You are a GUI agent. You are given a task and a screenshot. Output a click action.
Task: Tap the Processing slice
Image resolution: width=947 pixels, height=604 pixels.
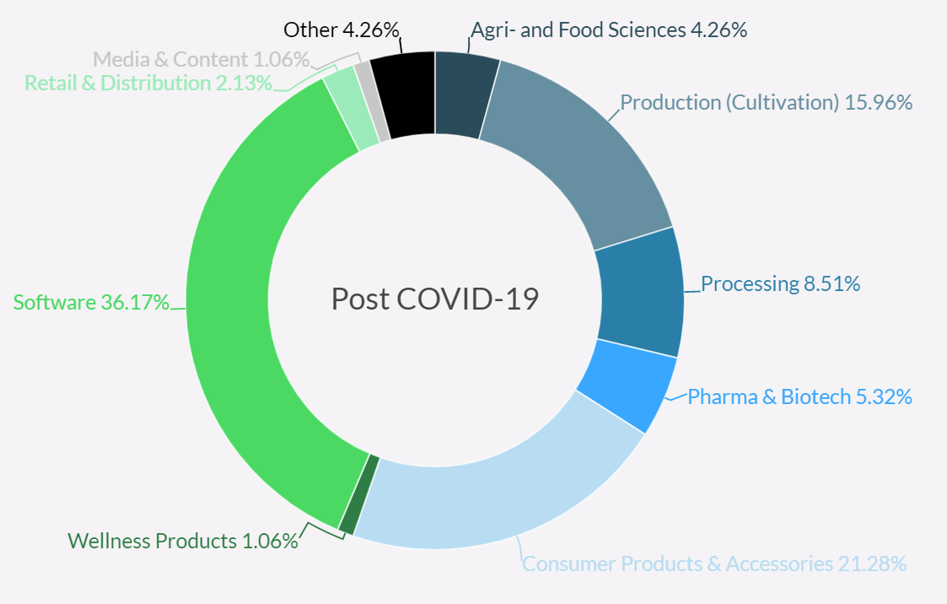point(641,291)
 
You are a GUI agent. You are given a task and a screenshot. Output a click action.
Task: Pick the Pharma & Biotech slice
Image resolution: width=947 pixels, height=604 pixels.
point(628,384)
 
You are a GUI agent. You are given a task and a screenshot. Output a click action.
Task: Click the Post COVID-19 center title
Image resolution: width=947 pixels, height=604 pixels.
point(434,299)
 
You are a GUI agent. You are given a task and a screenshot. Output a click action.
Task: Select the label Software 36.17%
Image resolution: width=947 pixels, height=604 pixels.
point(91,302)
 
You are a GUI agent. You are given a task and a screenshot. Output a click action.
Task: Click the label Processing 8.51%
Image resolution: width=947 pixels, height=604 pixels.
point(780,284)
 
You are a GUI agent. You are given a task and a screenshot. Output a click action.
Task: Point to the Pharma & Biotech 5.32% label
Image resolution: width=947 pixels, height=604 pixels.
point(799,396)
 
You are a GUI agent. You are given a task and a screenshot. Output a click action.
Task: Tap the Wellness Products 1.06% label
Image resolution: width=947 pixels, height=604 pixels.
point(183,541)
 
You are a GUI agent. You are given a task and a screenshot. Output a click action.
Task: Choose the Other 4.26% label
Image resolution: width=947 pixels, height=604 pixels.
point(341,30)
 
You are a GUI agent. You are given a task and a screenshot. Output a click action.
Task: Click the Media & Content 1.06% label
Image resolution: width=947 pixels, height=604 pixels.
point(201,59)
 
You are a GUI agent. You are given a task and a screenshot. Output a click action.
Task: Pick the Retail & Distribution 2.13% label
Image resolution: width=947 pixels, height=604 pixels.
point(148,83)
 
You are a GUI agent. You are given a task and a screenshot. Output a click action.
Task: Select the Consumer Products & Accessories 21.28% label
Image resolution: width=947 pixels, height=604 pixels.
point(714,564)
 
